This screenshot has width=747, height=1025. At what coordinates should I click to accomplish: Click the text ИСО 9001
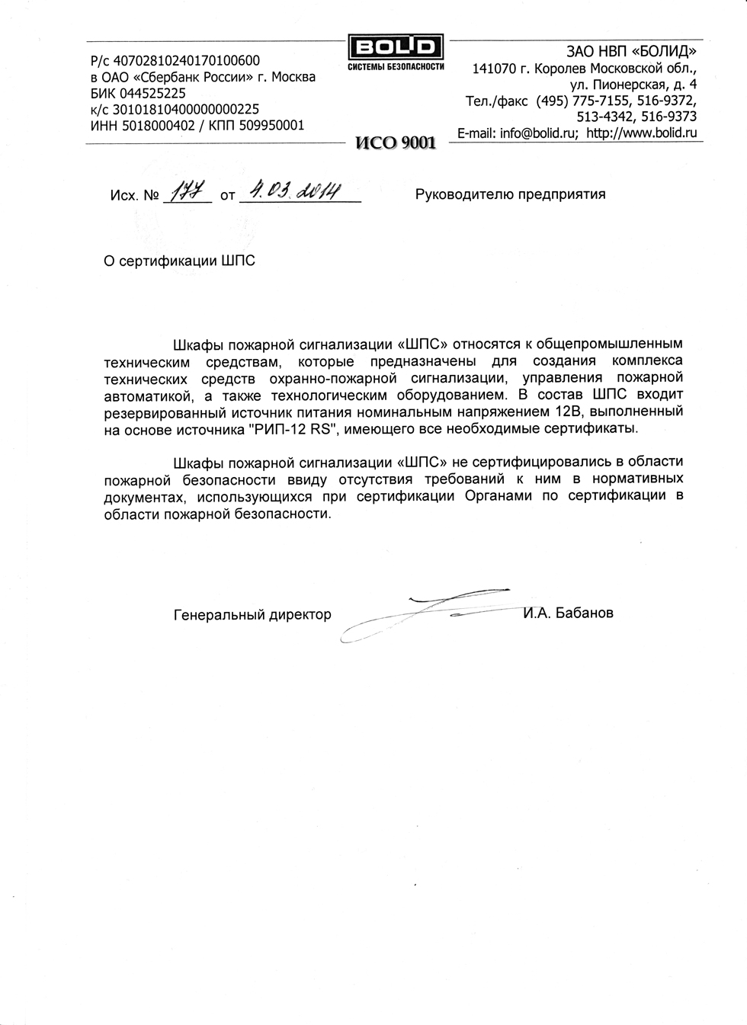click(x=395, y=143)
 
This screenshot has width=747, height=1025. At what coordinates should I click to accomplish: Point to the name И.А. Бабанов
click(x=568, y=613)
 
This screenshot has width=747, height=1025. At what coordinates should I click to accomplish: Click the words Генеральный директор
click(x=252, y=614)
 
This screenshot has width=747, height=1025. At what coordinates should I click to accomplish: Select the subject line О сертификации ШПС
click(x=179, y=261)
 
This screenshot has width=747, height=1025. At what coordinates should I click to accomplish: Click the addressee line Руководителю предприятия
click(x=510, y=194)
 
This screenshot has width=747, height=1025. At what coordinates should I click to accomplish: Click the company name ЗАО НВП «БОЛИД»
click(x=631, y=52)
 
